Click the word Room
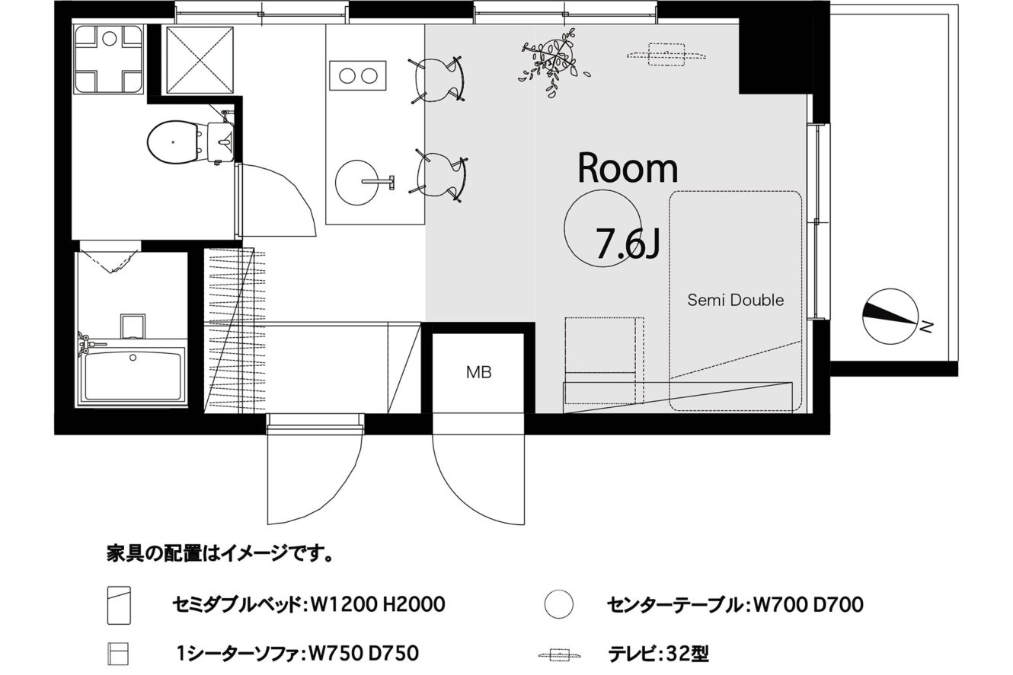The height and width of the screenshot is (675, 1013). tap(628, 168)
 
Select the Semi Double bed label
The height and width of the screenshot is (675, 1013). tap(735, 300)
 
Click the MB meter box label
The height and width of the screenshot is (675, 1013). tap(478, 372)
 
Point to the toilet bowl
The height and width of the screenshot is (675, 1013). tap(174, 142)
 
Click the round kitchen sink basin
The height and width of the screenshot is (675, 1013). tap(356, 183)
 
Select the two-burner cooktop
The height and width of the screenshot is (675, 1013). tap(358, 75)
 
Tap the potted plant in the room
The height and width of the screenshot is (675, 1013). tap(554, 63)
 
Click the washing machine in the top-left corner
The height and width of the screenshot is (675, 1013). tap(109, 59)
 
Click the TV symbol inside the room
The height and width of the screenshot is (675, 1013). tap(666, 55)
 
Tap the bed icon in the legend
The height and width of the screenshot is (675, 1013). tap(119, 606)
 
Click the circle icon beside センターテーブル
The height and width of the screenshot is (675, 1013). tap(559, 604)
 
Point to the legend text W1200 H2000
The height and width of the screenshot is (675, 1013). tap(378, 604)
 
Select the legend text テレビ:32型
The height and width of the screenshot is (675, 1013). tap(658, 654)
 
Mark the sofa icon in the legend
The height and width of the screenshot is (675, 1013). tap(118, 654)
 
